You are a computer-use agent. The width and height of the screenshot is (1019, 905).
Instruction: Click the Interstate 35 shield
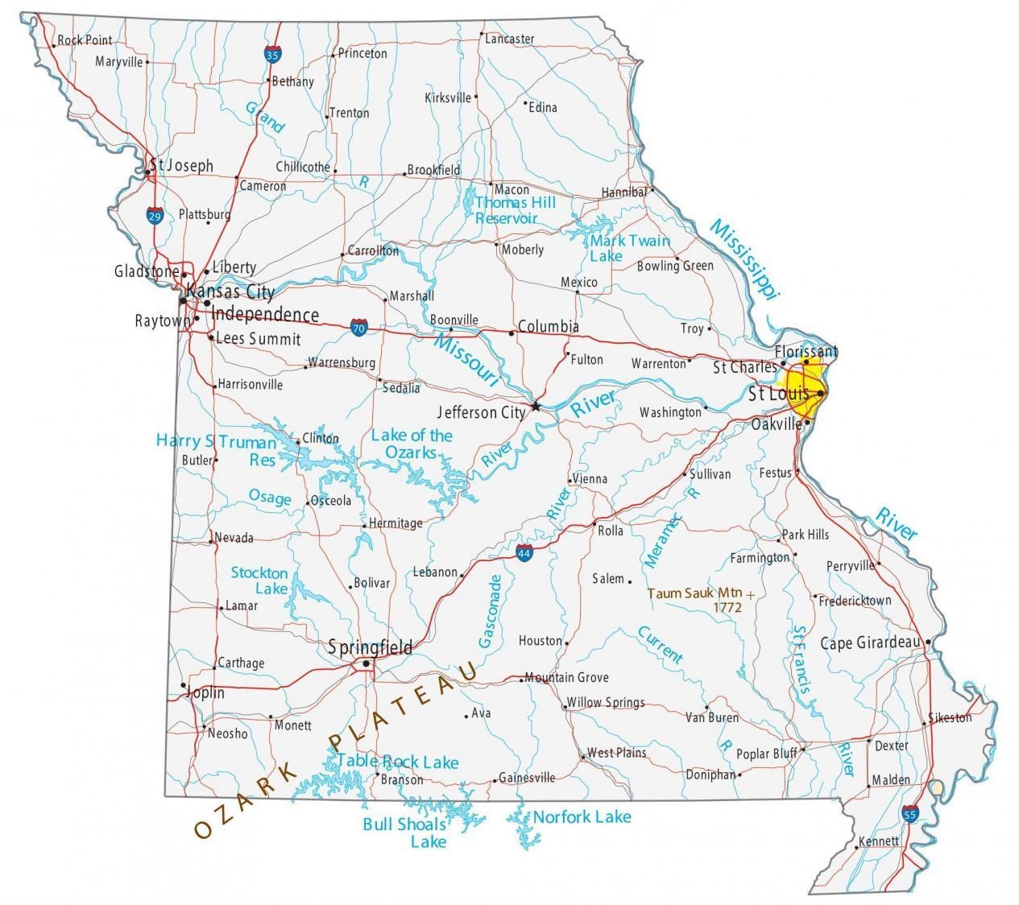(272, 55)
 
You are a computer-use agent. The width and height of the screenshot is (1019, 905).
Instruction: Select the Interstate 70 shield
(359, 328)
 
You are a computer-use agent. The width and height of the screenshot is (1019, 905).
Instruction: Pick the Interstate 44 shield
(524, 553)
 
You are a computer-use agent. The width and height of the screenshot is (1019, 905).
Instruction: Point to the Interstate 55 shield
(910, 814)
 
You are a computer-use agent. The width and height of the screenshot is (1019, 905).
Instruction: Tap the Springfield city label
(371, 647)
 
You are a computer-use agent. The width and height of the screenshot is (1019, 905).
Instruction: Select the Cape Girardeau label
(869, 643)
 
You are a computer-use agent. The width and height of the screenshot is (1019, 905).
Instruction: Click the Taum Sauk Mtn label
(695, 593)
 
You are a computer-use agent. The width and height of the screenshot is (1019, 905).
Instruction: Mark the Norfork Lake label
(582, 817)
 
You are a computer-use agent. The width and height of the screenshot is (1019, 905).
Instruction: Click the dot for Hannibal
(652, 191)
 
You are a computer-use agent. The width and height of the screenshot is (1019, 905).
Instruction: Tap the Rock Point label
(85, 39)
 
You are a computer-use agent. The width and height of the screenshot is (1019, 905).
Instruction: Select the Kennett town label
(878, 841)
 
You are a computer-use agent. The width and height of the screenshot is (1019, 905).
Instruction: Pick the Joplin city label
(205, 692)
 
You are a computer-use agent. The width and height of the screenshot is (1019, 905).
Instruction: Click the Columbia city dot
(512, 333)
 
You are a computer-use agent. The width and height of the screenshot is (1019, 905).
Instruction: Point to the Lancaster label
(509, 38)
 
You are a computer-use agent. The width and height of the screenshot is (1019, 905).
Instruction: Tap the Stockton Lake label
(259, 581)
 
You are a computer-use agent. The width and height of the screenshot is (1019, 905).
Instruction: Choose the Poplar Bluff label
(766, 754)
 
